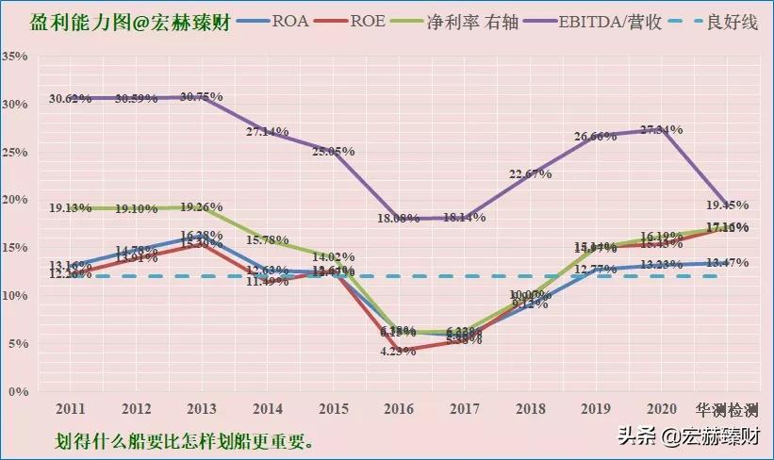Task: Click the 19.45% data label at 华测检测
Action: click(x=727, y=205)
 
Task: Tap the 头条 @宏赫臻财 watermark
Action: click(x=688, y=436)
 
